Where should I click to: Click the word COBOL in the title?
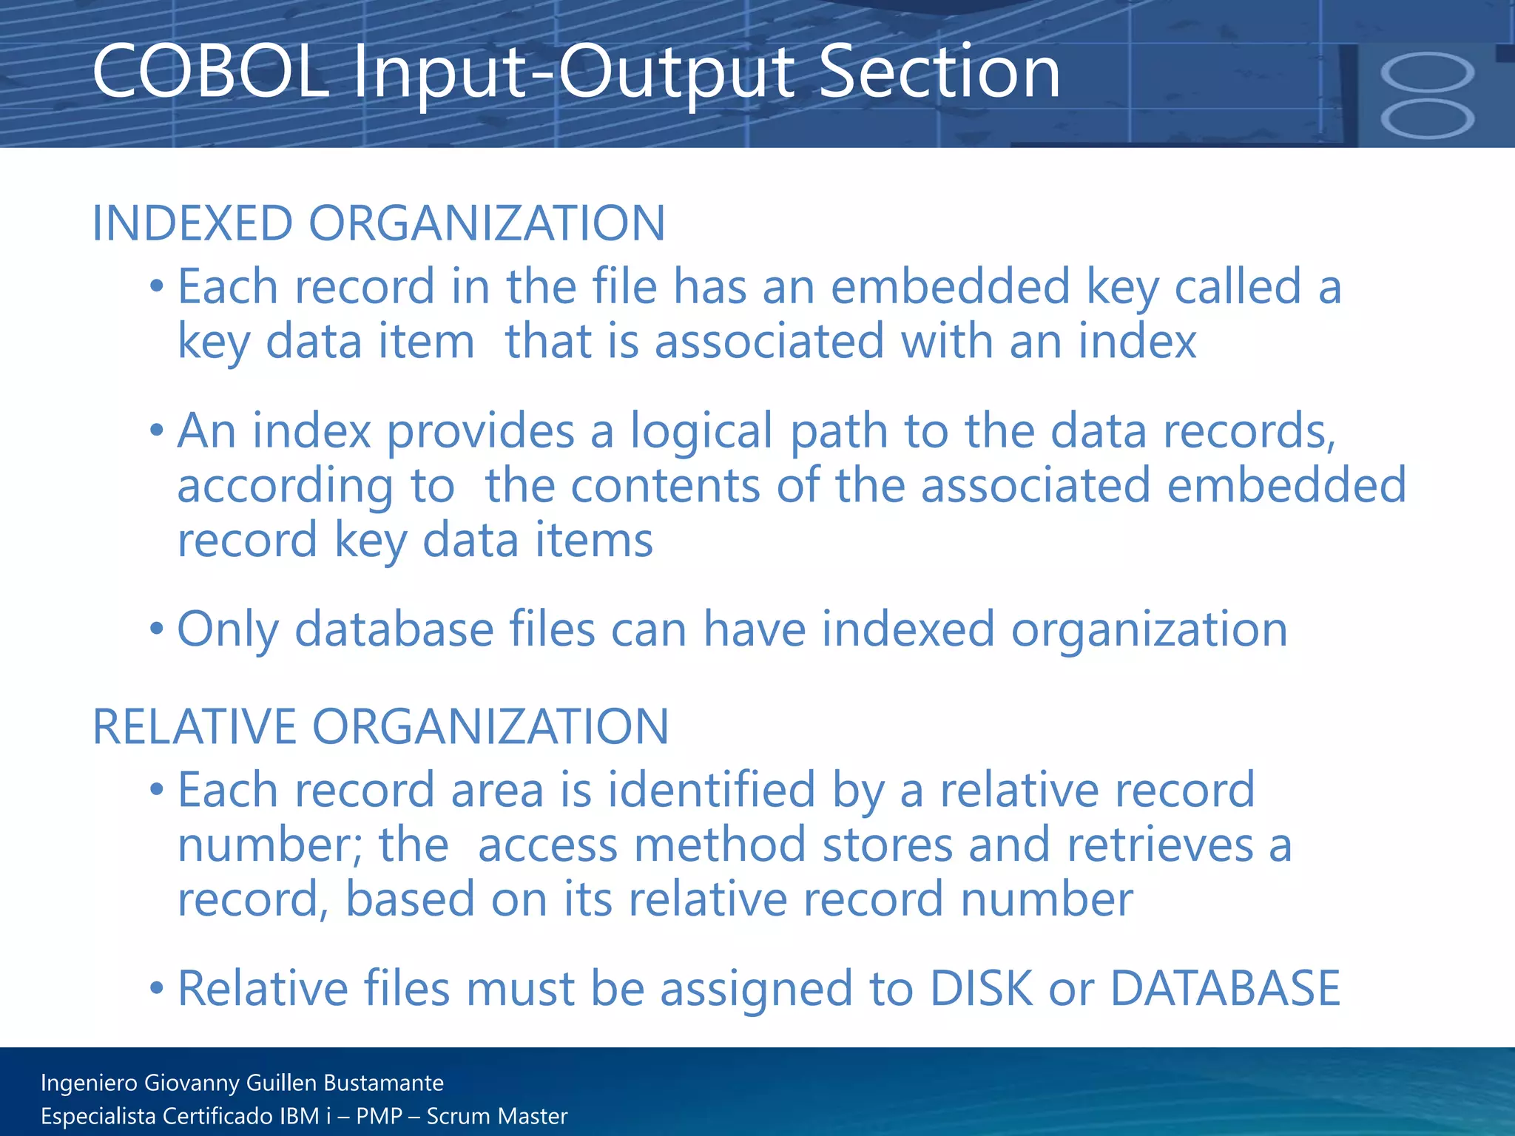click(210, 72)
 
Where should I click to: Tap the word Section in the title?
click(940, 72)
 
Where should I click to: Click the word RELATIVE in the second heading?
click(194, 726)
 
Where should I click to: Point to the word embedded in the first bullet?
click(951, 286)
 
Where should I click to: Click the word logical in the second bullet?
click(702, 431)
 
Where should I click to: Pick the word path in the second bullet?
click(839, 431)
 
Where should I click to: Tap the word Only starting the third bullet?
click(228, 630)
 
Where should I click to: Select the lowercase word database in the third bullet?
click(394, 630)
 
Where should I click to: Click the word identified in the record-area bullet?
click(712, 790)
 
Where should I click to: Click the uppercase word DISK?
click(981, 988)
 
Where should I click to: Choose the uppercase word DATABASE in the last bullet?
click(1225, 988)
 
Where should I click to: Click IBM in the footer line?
click(299, 1116)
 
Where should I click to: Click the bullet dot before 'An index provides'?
click(156, 430)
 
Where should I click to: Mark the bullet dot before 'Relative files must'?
click(156, 988)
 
